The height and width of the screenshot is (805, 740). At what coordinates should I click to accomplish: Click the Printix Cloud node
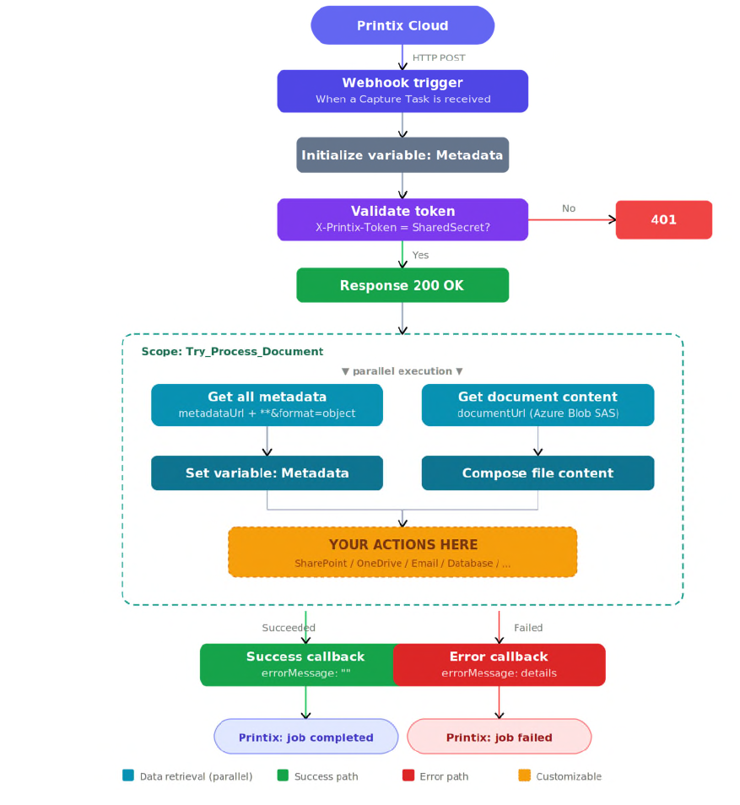tap(402, 25)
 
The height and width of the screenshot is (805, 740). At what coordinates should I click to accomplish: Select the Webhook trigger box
tap(402, 91)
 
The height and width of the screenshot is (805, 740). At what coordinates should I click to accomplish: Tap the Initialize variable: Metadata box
tap(402, 154)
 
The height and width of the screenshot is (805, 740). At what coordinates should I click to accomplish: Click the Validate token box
tap(402, 219)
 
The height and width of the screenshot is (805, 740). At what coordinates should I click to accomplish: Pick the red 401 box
tap(663, 219)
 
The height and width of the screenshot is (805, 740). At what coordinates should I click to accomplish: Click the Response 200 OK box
tap(402, 285)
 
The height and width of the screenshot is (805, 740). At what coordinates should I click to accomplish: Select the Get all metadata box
tap(267, 404)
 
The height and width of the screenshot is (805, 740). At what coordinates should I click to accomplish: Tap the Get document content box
tap(537, 404)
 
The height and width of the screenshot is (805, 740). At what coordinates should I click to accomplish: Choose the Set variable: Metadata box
tap(267, 473)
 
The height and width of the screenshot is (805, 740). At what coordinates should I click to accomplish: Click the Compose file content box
tap(537, 473)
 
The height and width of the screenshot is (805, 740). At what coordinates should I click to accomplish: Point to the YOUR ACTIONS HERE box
tap(402, 552)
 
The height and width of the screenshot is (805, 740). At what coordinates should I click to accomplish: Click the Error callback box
tap(500, 665)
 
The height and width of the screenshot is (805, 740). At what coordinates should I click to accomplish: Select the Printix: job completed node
tap(306, 737)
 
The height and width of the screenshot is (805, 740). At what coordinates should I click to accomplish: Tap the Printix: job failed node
tap(500, 737)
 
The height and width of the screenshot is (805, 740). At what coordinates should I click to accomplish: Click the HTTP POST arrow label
tap(439, 57)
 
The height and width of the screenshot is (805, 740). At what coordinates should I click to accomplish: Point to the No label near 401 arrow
tap(569, 208)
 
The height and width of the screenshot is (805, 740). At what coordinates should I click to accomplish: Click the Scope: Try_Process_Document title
tap(232, 351)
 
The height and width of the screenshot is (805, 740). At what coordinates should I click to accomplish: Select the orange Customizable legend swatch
tap(524, 775)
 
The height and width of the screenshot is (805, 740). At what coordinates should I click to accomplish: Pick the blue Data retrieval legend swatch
tap(128, 775)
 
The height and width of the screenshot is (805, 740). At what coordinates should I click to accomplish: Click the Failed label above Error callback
tap(528, 627)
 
